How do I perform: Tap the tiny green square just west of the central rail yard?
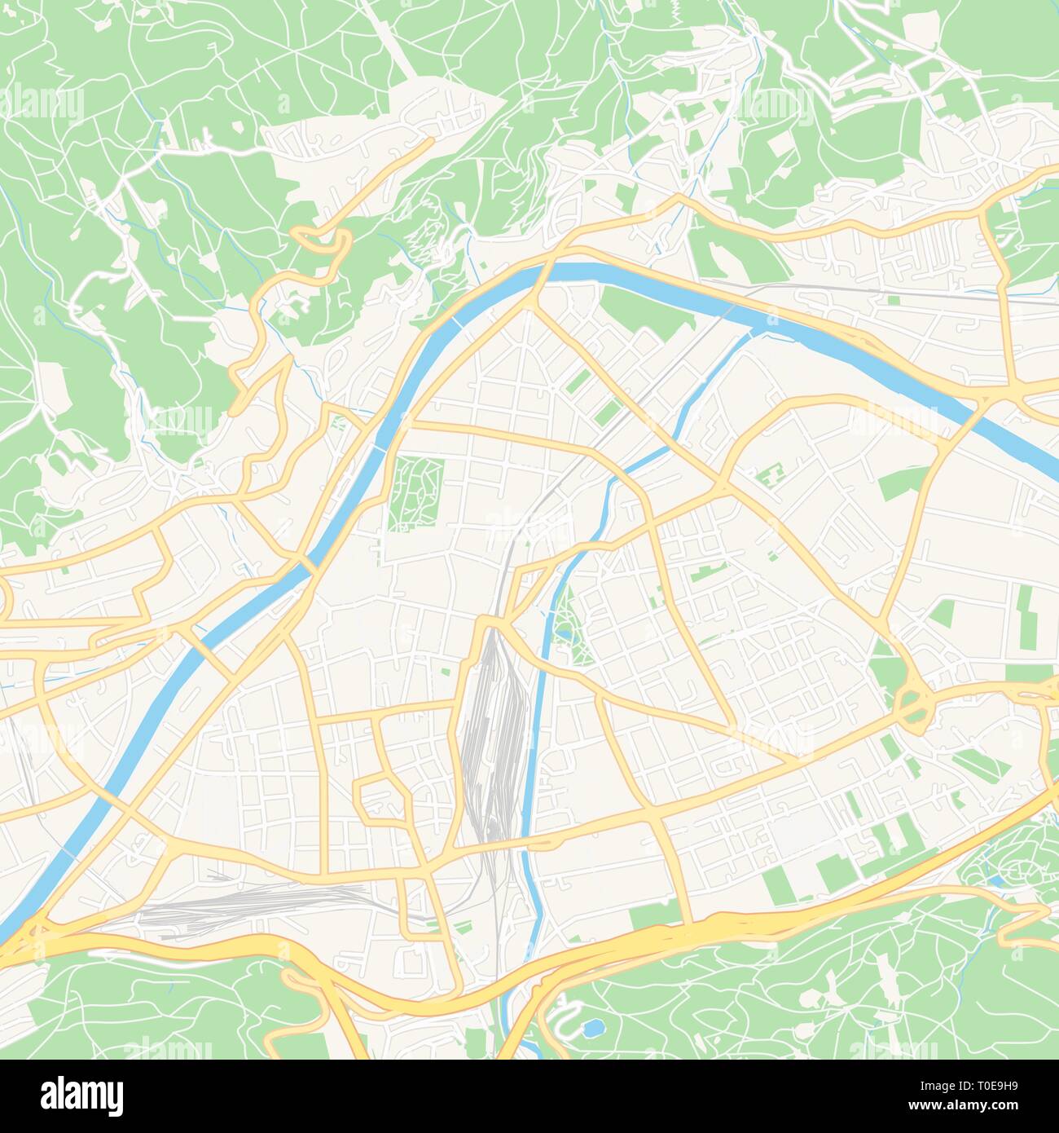446,672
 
